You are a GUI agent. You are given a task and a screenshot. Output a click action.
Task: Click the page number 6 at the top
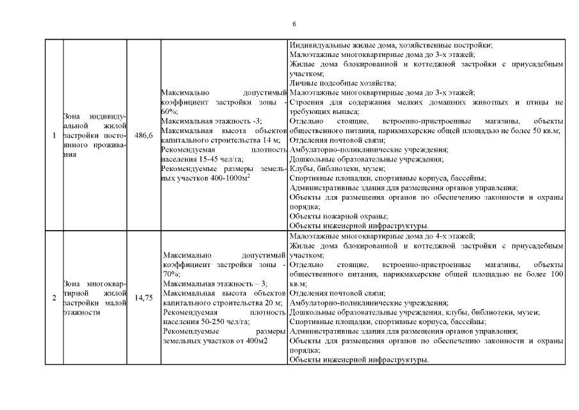[294, 24]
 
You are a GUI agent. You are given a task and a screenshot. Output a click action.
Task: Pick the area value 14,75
[144, 297]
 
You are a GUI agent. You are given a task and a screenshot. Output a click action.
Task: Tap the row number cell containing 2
[54, 297]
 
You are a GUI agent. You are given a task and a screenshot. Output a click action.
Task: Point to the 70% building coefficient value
[171, 274]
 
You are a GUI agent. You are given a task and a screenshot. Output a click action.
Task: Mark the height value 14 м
[273, 140]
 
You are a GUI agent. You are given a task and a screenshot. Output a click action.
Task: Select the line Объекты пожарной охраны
[338, 216]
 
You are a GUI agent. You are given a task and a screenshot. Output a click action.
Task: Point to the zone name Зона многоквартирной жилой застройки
[93, 297]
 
